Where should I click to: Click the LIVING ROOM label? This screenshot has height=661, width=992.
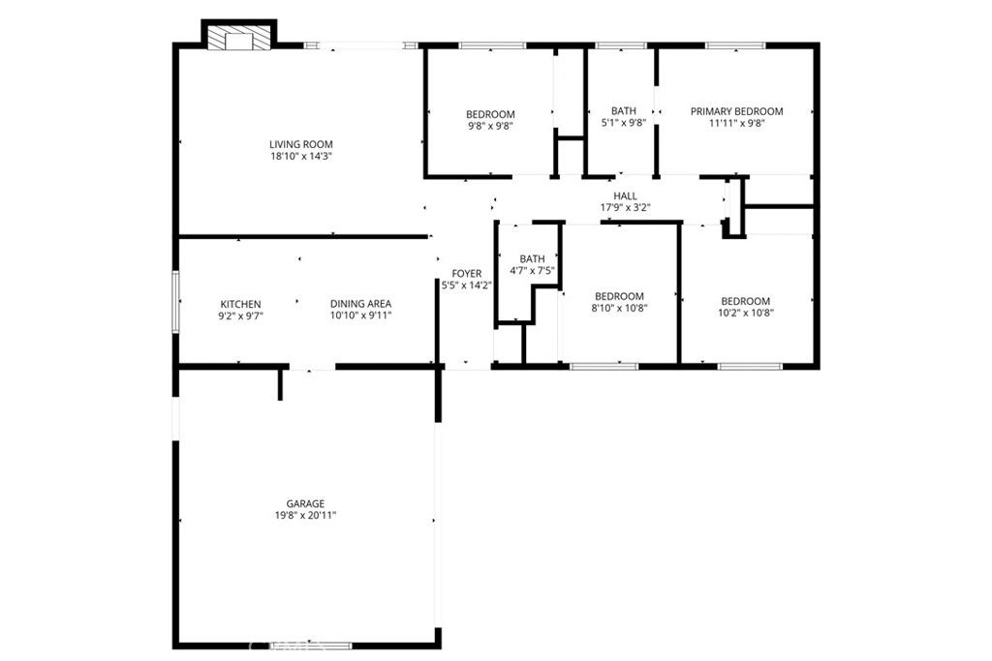(301, 144)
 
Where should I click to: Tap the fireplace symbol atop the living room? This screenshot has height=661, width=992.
(239, 37)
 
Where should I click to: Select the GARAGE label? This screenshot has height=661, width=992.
(305, 503)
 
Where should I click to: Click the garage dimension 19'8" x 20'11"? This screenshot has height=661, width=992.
(305, 516)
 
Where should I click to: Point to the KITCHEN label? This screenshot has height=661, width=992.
(240, 304)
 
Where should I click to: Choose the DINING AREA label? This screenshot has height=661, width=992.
(360, 304)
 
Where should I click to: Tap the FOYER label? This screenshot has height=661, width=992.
(467, 274)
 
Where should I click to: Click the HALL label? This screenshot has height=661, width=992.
(625, 195)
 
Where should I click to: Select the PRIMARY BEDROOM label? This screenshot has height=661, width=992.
(736, 111)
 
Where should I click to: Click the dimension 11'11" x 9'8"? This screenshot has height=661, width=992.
(736, 123)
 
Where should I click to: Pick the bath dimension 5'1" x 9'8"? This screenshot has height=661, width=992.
(623, 123)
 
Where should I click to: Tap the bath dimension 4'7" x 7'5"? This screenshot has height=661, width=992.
(533, 270)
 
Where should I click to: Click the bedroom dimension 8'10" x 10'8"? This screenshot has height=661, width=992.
(619, 309)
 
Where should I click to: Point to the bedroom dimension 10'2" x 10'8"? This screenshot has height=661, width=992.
(746, 313)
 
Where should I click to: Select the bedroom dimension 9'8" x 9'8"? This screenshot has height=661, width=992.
(490, 126)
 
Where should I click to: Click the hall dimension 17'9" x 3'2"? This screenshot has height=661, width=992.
(625, 207)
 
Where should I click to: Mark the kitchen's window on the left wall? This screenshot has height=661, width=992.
(176, 302)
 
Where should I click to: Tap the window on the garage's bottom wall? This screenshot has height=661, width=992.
(311, 646)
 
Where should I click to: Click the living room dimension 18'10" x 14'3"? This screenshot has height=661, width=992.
(301, 156)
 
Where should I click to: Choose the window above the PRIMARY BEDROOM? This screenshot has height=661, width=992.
(735, 45)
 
